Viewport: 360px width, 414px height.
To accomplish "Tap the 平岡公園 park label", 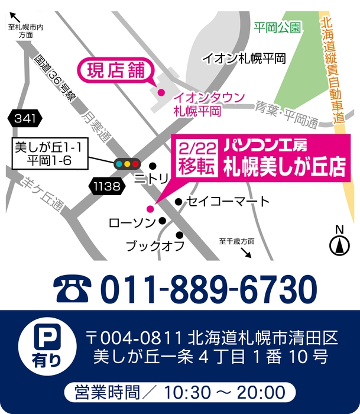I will point(277,27).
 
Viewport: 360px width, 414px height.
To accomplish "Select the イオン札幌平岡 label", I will point(244,59).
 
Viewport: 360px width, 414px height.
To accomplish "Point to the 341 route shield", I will point(25,118).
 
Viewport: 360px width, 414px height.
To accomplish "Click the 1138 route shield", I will point(108,187).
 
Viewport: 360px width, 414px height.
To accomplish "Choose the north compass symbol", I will point(339,243).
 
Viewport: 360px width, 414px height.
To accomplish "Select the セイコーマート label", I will point(228,202).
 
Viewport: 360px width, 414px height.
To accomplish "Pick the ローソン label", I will point(131,222).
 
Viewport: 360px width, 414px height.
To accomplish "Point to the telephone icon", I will point(73,289).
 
